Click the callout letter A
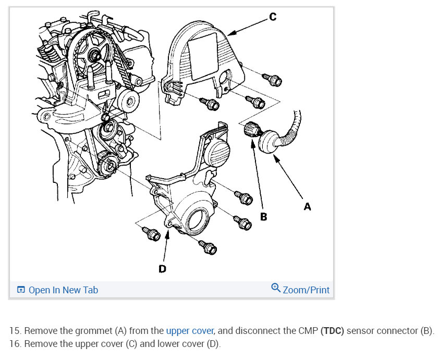(x=307, y=207)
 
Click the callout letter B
(x=263, y=216)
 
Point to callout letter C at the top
(x=273, y=17)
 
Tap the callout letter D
(x=162, y=269)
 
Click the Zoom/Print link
(x=306, y=290)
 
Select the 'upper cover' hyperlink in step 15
(x=190, y=331)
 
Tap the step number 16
(x=15, y=344)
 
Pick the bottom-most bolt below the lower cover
(x=208, y=248)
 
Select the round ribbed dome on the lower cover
(x=218, y=153)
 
